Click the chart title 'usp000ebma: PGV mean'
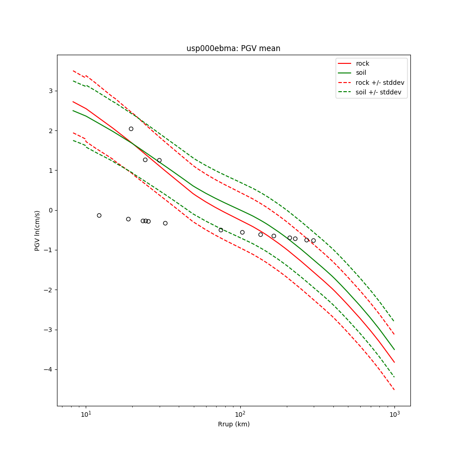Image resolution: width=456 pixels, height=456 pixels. [x=233, y=48]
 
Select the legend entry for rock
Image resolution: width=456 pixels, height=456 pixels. [x=363, y=63]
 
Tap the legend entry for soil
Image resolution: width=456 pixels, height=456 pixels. [x=361, y=73]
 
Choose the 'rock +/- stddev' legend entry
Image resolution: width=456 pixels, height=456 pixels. [x=380, y=83]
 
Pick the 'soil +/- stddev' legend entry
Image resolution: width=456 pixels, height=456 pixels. [x=380, y=92]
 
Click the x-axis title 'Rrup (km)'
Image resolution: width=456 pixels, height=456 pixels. [x=233, y=424]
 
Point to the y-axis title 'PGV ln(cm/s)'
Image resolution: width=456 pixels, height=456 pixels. [x=37, y=230]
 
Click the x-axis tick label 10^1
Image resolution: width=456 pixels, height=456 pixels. [x=86, y=414]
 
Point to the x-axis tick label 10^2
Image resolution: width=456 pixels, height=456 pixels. [x=240, y=414]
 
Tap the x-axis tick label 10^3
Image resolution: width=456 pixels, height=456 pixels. [x=394, y=414]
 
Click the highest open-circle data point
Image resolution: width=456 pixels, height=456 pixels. [x=131, y=129]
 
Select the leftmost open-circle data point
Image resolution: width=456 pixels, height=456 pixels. [x=99, y=215]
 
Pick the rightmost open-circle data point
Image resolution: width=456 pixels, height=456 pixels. [x=313, y=240]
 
